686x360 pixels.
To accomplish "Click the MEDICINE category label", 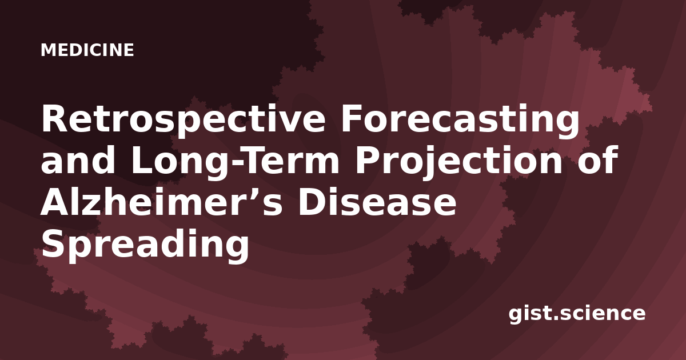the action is coord(87,50).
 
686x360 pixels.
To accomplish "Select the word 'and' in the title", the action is coord(78,160).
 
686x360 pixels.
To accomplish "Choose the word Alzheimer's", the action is coord(161,201).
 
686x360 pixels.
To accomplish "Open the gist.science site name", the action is coord(577,314).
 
